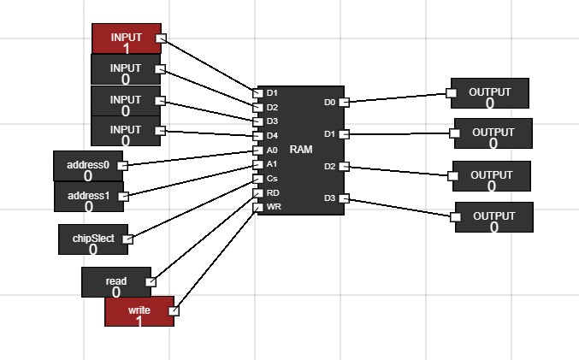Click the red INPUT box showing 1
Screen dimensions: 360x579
point(126,38)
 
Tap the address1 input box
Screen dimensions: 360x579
point(88,197)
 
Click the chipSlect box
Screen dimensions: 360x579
point(92,239)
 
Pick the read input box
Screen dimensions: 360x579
point(115,282)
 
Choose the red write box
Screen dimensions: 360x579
point(139,311)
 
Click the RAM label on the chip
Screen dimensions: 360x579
point(301,149)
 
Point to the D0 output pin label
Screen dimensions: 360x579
point(330,103)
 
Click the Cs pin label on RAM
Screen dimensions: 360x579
point(272,178)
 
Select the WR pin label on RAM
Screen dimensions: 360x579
point(273,207)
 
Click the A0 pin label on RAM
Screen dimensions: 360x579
point(272,150)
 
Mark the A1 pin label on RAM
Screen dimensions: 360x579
point(272,163)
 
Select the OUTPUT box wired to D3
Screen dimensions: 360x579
point(493,217)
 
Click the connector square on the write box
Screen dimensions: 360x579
point(174,311)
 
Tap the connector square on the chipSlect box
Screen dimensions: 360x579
point(128,239)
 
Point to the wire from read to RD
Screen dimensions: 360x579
point(204,237)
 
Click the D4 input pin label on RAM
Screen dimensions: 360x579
point(272,135)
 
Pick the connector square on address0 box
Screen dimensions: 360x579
point(121,165)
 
